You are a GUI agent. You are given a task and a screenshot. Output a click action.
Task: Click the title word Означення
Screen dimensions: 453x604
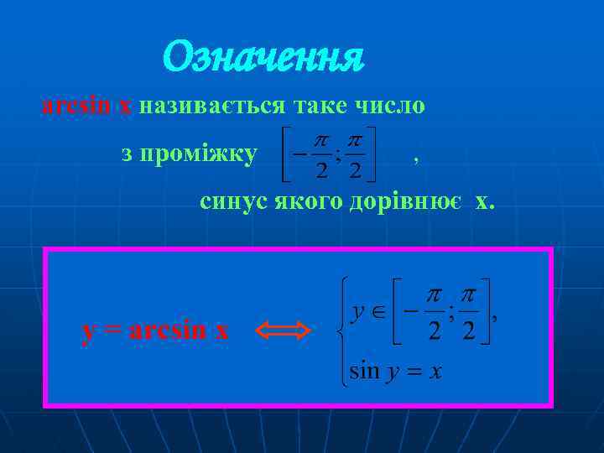click(x=263, y=57)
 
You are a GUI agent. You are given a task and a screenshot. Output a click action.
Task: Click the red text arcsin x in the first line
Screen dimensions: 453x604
click(x=86, y=107)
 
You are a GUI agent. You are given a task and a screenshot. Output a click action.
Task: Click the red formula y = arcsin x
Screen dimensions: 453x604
click(x=155, y=331)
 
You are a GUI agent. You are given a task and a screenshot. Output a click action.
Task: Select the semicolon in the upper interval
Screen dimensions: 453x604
click(x=451, y=313)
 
